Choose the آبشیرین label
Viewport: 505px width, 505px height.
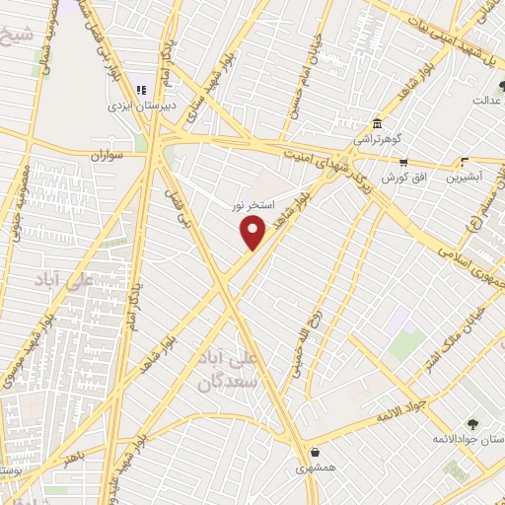466,178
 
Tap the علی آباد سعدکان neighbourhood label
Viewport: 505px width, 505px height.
232,369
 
